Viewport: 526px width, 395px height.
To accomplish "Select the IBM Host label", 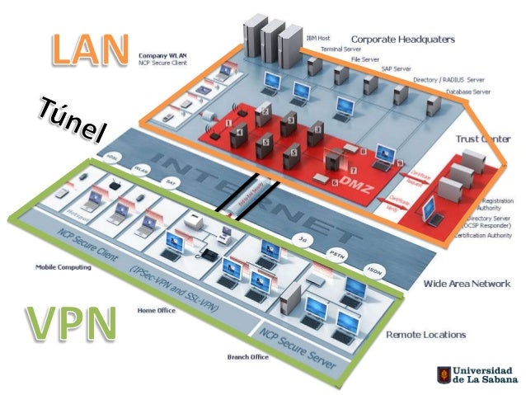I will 318,38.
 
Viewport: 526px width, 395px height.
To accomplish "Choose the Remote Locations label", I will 425,335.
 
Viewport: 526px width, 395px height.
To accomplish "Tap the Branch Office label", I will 247,357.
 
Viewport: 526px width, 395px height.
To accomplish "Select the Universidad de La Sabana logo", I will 477,376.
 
